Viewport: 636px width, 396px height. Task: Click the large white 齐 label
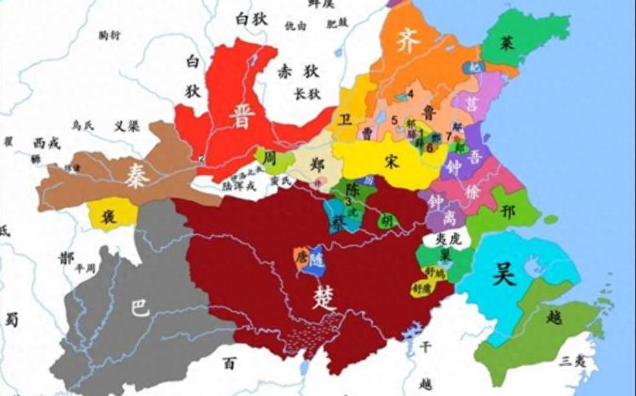(409, 41)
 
